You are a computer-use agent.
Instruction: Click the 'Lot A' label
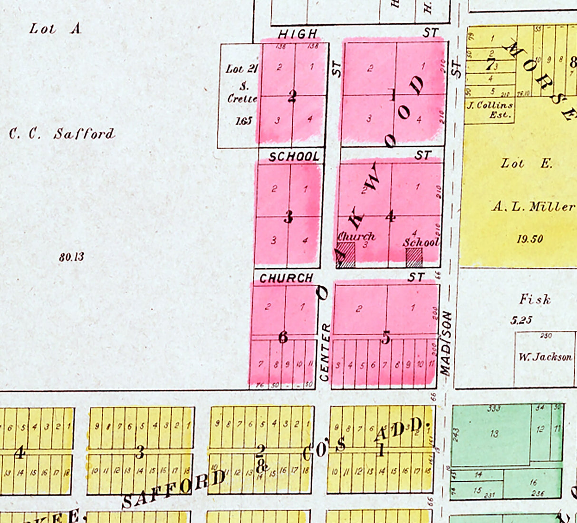[x=55, y=29]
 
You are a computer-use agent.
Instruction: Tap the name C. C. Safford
[x=62, y=134]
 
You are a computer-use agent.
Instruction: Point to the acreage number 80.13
[x=72, y=257]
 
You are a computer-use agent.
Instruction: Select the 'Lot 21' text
[x=241, y=69]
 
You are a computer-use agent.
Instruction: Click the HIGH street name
[x=298, y=34]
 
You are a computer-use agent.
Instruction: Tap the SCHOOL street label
[x=294, y=156]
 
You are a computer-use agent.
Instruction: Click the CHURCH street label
[x=286, y=278]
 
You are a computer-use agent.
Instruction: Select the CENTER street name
[x=325, y=352]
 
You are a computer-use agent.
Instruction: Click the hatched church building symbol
[x=346, y=255]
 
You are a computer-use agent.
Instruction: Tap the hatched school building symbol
[x=414, y=257]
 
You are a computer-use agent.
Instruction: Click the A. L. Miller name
[x=533, y=207]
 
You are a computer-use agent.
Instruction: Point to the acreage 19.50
[x=530, y=239]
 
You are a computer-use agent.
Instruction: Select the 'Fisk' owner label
[x=535, y=300]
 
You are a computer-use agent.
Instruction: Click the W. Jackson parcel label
[x=545, y=357]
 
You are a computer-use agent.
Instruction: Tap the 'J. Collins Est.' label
[x=490, y=110]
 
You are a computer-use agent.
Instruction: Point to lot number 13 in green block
[x=494, y=433]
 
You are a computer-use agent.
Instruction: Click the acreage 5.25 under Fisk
[x=521, y=320]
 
